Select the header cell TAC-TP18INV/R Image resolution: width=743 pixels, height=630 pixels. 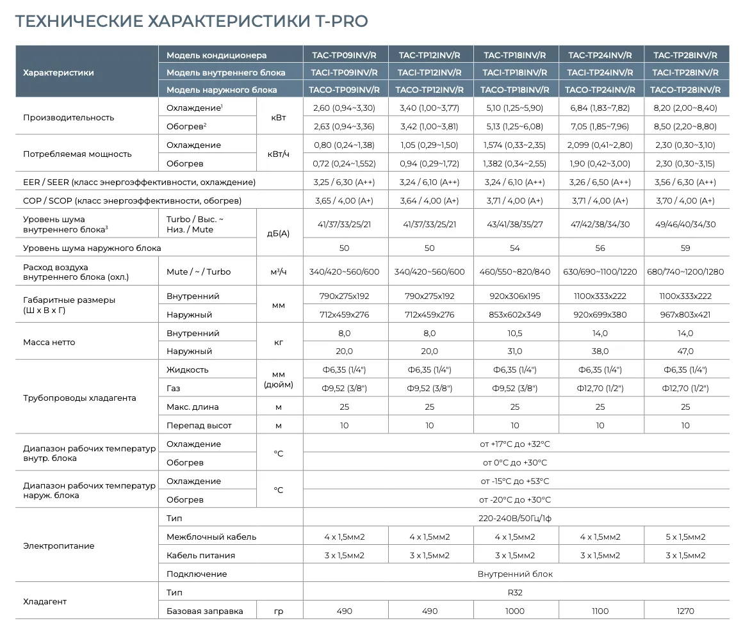point(514,55)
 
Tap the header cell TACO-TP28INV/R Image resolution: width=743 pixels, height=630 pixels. point(685,90)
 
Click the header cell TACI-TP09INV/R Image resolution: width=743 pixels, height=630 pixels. point(345,72)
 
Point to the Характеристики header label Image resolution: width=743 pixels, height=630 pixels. point(58,72)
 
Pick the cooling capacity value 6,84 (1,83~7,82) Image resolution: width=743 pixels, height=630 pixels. point(600,108)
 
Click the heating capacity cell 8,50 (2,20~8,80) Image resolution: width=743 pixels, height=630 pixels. point(685,126)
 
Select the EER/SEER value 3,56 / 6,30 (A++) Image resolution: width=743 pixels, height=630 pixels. point(685,182)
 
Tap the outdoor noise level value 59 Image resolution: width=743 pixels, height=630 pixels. point(685,248)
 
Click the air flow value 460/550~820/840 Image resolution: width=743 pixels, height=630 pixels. point(514,271)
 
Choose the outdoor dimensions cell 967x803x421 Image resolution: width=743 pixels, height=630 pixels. point(685,314)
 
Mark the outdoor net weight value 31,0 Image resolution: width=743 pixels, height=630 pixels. point(514,351)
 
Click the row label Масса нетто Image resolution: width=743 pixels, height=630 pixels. point(49,342)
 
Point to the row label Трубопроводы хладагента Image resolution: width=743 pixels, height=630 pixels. point(79,398)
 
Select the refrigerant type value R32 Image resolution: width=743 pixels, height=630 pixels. point(514,592)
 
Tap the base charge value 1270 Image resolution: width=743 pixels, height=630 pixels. point(685,611)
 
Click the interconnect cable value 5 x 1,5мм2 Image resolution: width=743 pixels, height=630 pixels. point(685,537)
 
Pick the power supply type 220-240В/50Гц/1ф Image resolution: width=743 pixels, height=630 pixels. point(514,518)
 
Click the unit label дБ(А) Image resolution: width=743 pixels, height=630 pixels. point(279,234)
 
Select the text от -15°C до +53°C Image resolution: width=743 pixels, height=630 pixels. point(514,481)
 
